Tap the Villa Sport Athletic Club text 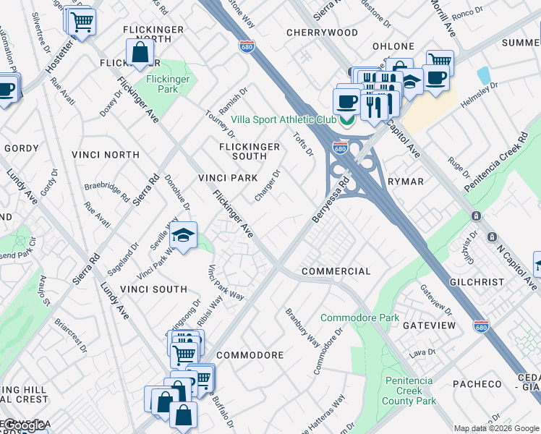coord(284,120)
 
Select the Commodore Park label coord(359,318)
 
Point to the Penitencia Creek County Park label coord(409,391)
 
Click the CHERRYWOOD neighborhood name coord(322,33)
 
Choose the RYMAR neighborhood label coord(405,182)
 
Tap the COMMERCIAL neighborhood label coord(336,271)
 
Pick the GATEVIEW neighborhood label coord(430,325)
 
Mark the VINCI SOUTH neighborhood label coord(153,289)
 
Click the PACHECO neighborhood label coord(477,384)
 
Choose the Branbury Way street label coord(302,327)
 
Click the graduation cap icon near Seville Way coord(184,235)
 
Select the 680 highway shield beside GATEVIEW coord(481,327)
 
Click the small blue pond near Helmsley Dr coord(483,76)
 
